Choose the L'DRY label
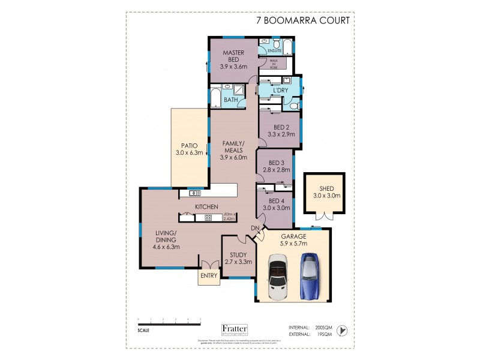281,90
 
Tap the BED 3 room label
276,163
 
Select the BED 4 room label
276,201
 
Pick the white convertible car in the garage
278,276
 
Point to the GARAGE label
293,236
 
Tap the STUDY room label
238,254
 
